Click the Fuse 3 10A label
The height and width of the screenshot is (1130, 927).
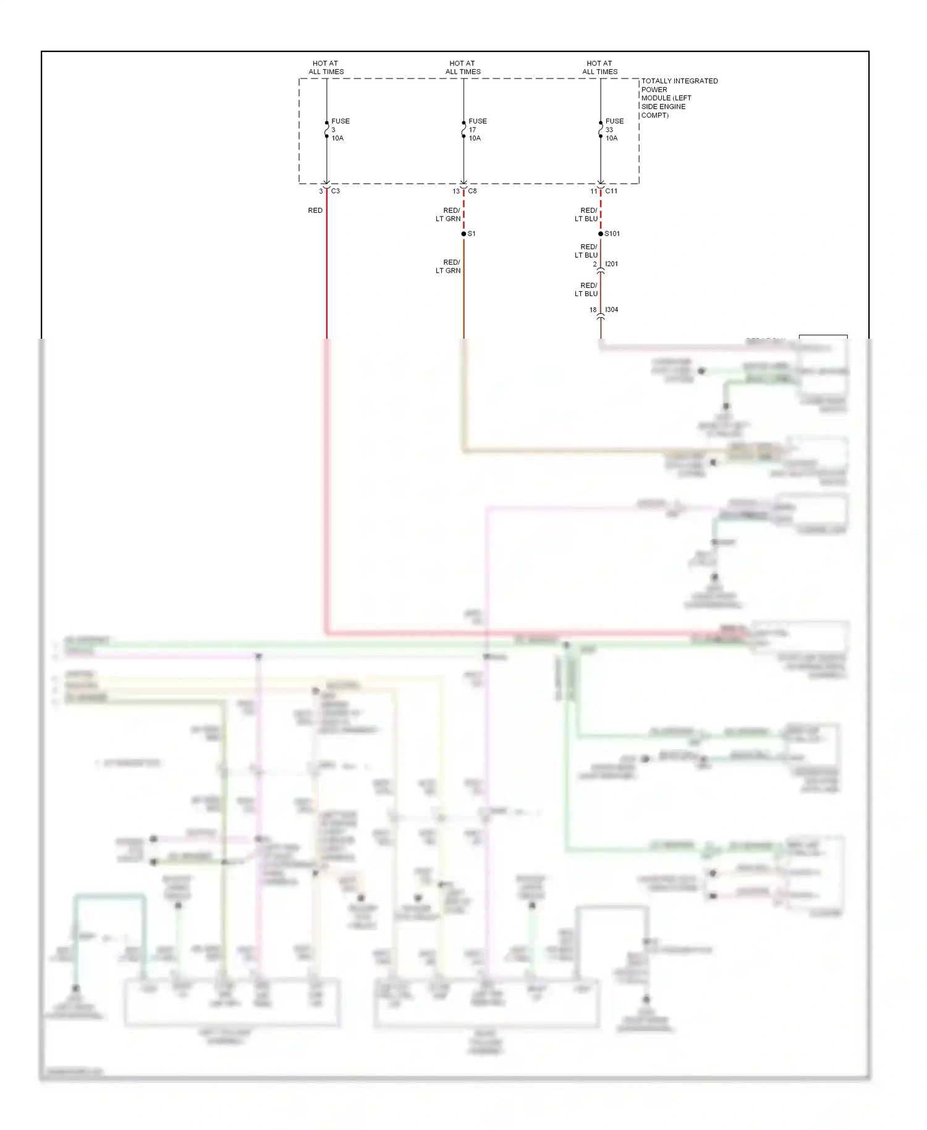click(340, 130)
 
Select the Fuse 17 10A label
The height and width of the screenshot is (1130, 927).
click(477, 130)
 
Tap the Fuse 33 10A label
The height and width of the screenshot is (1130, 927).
click(614, 130)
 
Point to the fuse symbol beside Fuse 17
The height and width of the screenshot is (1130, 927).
click(463, 130)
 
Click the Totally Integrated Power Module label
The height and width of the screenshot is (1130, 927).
click(679, 98)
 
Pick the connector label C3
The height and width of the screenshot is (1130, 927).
click(336, 191)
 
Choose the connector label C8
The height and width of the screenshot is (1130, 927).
click(473, 191)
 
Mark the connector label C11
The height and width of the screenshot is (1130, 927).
click(611, 191)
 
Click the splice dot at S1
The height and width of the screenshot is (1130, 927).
click(463, 234)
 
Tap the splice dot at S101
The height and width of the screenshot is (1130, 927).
click(601, 234)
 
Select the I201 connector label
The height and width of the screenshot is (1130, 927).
click(612, 264)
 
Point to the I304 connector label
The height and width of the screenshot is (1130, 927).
click(612, 310)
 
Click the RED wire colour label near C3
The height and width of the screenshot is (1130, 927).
click(315, 211)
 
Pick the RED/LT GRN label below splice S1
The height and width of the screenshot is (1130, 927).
click(449, 266)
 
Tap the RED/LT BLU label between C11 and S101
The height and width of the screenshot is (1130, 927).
click(586, 215)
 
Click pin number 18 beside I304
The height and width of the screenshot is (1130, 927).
click(593, 310)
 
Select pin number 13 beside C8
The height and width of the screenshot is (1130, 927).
click(456, 192)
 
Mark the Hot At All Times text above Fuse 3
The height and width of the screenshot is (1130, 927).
click(326, 67)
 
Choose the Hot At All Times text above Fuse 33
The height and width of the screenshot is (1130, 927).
click(599, 67)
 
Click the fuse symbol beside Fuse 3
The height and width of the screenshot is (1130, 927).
click(327, 130)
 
